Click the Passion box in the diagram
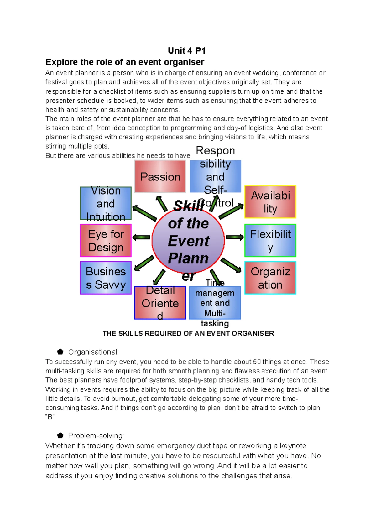tap(160, 176)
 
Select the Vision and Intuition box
tap(106, 203)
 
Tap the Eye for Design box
tap(106, 241)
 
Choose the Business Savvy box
tap(106, 278)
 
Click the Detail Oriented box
tap(160, 303)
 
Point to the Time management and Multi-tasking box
tap(215, 303)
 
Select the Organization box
tap(270, 278)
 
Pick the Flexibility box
tap(270, 241)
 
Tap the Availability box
tap(270, 202)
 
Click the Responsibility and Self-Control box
tap(215, 176)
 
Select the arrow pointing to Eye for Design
tap(141, 237)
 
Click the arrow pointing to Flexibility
tap(235, 237)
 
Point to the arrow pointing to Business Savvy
tap(144, 263)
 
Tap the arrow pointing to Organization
tap(231, 265)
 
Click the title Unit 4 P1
tap(187, 51)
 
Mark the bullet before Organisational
tap(60, 352)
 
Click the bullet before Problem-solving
tap(60, 436)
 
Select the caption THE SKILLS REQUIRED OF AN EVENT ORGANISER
tap(188, 333)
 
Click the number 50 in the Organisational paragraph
tap(257, 362)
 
